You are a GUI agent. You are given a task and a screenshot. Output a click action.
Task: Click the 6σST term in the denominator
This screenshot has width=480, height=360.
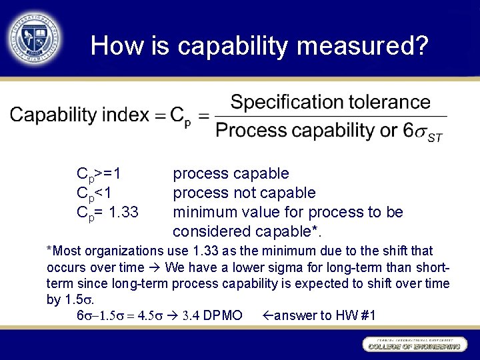point(424,131)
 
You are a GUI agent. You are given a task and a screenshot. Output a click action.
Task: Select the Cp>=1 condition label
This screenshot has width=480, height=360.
point(99,175)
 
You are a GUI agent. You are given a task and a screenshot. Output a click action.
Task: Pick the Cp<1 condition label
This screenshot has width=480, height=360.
point(95,193)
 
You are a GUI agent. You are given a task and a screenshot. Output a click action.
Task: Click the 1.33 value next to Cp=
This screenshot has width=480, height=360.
point(123,213)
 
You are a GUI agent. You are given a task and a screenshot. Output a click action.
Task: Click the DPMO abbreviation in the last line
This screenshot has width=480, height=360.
point(221,315)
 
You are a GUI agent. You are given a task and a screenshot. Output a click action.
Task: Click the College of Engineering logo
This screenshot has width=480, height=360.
point(413,344)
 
